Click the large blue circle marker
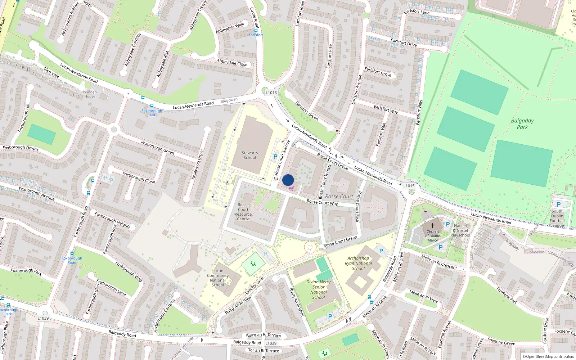click(x=288, y=180)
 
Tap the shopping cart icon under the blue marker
click(x=291, y=188)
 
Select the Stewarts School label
click(x=250, y=155)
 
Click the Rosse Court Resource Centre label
click(x=243, y=212)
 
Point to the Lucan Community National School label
click(x=218, y=278)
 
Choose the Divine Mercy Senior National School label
click(x=319, y=289)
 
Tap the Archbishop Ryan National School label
click(x=358, y=263)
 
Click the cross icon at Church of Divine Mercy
click(x=433, y=225)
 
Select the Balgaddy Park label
click(x=522, y=124)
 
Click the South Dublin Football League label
click(x=557, y=219)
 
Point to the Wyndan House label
click(x=90, y=94)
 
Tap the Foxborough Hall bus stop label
click(x=152, y=113)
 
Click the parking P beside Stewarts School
click(x=275, y=157)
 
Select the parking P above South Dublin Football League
click(x=559, y=204)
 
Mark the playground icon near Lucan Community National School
click(x=253, y=264)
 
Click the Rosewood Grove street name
click(x=197, y=164)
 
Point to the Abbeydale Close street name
click(x=232, y=63)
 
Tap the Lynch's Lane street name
click(x=255, y=285)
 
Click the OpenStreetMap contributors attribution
click(x=548, y=357)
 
